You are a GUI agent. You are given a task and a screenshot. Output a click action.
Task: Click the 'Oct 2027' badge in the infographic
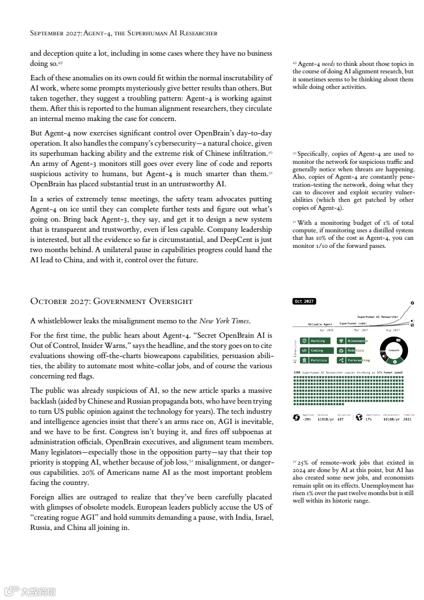(x=305, y=301)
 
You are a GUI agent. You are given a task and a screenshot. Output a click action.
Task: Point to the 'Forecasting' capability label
(x=358, y=360)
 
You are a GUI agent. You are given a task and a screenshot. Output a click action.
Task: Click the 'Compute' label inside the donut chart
(x=394, y=350)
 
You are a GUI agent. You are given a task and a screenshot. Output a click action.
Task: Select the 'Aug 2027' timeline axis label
(x=393, y=330)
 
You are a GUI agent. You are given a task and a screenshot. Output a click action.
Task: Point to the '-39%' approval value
(x=306, y=420)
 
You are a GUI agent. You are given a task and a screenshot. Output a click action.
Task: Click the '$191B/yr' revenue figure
(x=326, y=420)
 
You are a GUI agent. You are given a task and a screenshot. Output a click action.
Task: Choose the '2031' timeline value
(x=408, y=420)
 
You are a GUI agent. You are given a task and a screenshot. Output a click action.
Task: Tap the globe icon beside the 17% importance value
(x=359, y=418)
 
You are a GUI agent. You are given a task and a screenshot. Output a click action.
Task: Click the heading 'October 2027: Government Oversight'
(x=111, y=301)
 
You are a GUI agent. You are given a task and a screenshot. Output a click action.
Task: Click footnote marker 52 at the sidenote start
(x=295, y=461)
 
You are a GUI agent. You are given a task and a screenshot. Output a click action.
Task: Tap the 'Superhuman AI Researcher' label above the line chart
(x=377, y=317)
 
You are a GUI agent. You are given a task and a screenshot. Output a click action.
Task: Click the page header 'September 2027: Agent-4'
(x=124, y=33)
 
